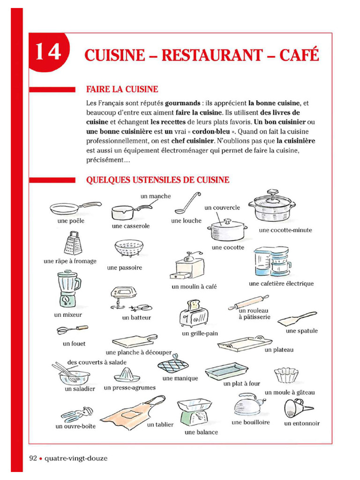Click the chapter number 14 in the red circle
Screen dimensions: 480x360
click(48, 52)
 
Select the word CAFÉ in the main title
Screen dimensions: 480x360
click(299, 55)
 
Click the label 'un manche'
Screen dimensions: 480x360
click(156, 196)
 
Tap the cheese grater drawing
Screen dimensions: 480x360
click(71, 243)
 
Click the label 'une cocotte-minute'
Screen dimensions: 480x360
click(285, 230)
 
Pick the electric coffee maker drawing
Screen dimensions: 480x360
click(272, 262)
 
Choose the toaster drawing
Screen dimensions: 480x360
click(192, 315)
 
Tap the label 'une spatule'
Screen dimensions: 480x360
click(301, 331)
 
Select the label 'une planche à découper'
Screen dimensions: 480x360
click(139, 352)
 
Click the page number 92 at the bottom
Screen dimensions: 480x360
click(33, 458)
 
